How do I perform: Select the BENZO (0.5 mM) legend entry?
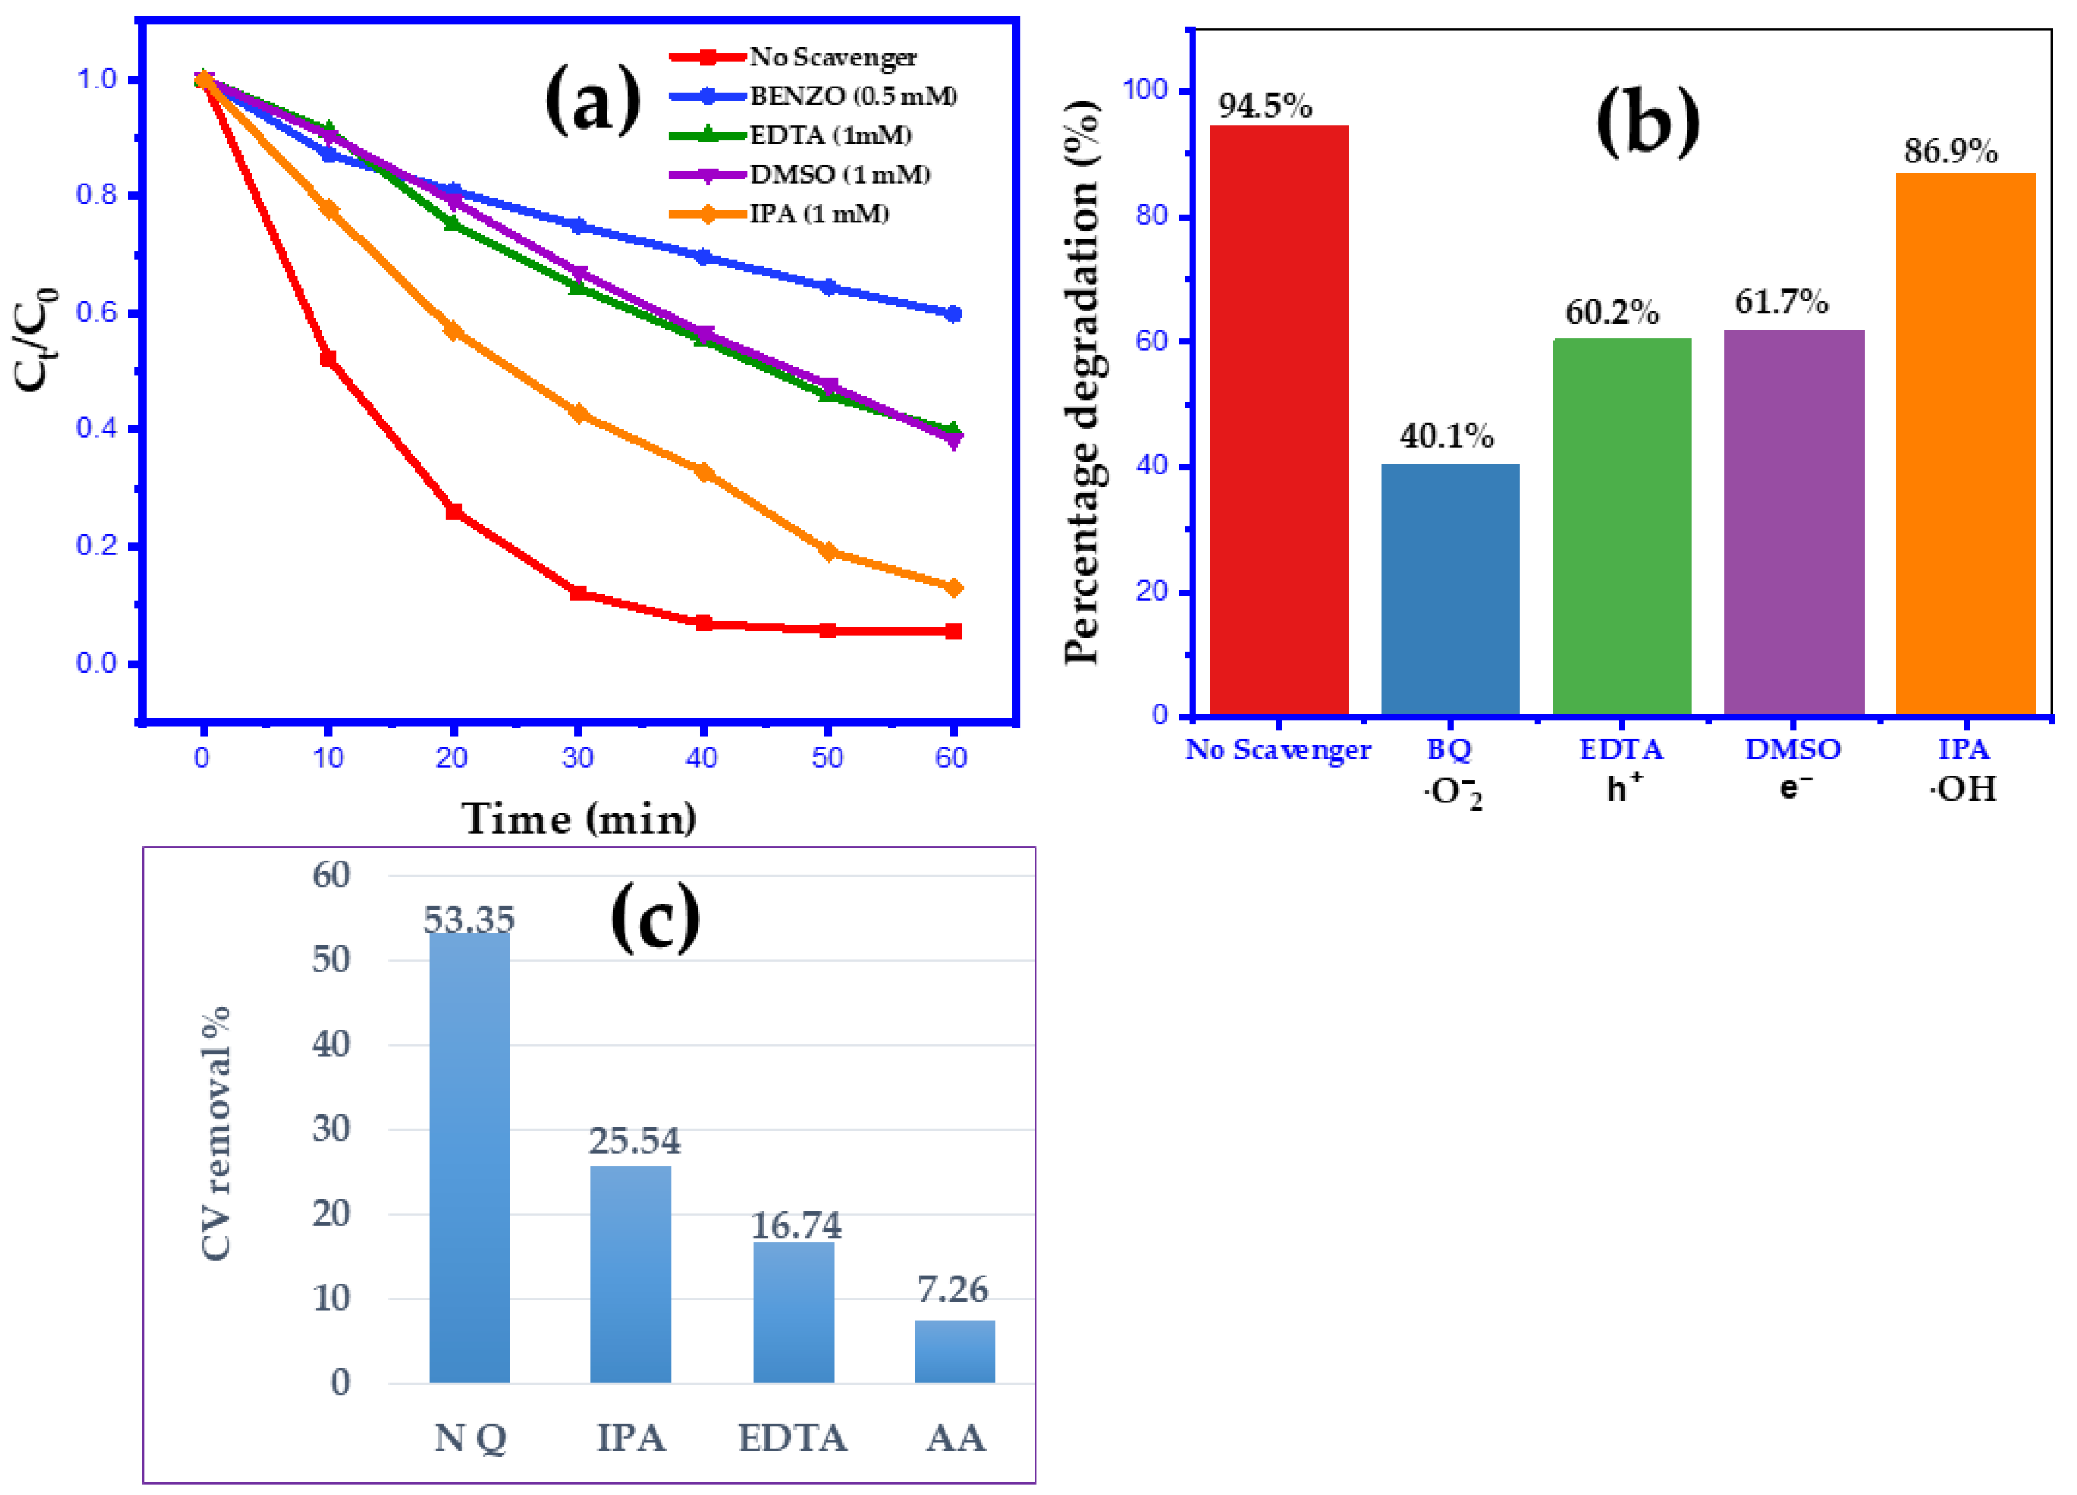[x=813, y=96]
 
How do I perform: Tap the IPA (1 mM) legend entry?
[x=779, y=215]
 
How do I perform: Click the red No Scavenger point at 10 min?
[x=328, y=359]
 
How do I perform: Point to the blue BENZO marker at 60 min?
[x=953, y=314]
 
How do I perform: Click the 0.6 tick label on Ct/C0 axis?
[x=96, y=312]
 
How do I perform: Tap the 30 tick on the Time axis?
[x=578, y=758]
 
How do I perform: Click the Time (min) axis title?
[x=579, y=817]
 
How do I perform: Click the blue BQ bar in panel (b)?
[x=1450, y=590]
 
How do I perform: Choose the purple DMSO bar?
[x=1794, y=523]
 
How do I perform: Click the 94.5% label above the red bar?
[x=1265, y=106]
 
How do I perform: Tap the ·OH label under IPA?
[x=1962, y=788]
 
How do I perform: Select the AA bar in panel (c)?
[x=954, y=1351]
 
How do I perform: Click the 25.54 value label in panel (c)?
[x=635, y=1140]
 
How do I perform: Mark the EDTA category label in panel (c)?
[x=793, y=1438]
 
